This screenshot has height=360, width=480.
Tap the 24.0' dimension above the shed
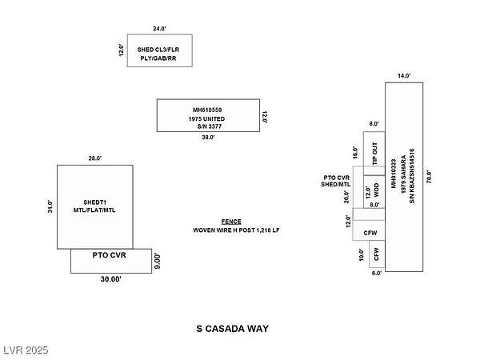click(160, 29)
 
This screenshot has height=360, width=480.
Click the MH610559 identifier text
click(208, 110)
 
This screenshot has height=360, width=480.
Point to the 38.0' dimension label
click(208, 138)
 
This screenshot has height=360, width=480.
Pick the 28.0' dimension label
click(94, 158)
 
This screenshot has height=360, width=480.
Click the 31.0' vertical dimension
click(50, 206)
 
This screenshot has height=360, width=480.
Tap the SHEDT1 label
click(94, 202)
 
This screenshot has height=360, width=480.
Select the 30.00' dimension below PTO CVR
click(110, 279)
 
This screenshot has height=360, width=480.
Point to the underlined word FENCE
click(231, 221)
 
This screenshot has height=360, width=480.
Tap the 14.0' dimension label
click(404, 76)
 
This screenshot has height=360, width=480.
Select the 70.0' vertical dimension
click(430, 177)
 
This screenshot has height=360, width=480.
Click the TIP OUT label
click(374, 153)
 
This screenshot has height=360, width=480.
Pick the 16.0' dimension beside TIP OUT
click(356, 152)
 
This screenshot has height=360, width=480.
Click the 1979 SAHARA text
click(404, 178)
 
